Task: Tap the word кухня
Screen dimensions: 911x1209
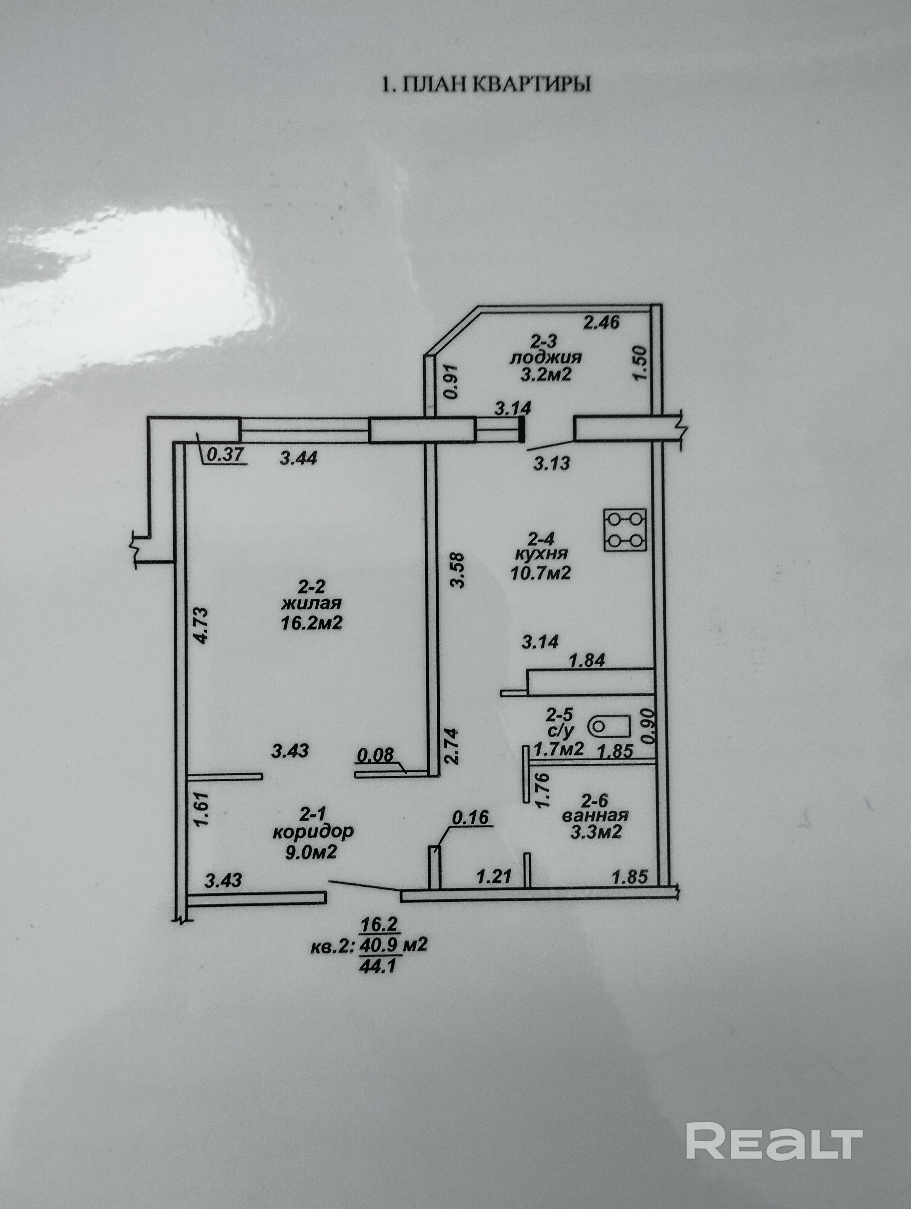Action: pos(542,553)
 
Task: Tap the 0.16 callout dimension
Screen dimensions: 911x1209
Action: pos(471,818)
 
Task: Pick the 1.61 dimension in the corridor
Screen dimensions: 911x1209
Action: pos(201,810)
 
